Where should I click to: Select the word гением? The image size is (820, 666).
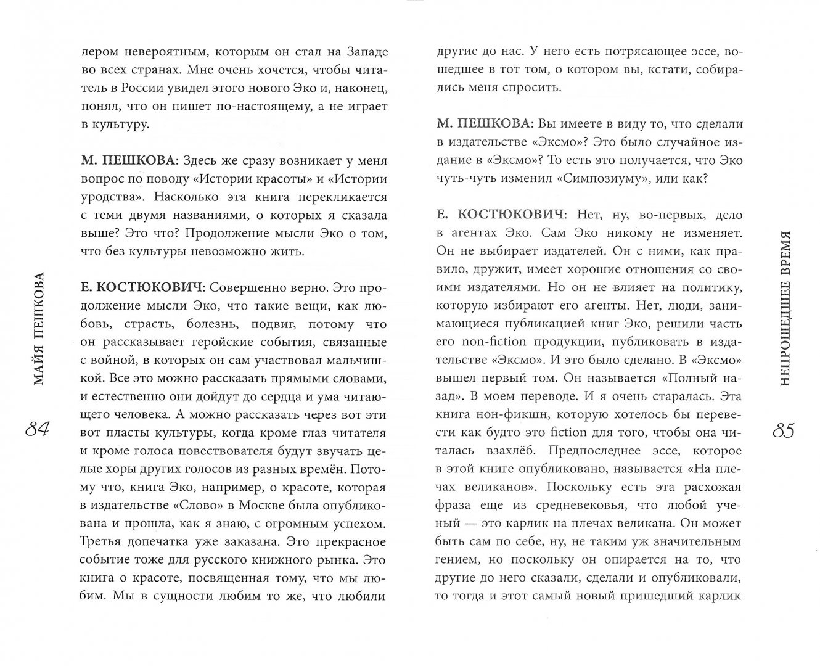click(456, 560)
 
